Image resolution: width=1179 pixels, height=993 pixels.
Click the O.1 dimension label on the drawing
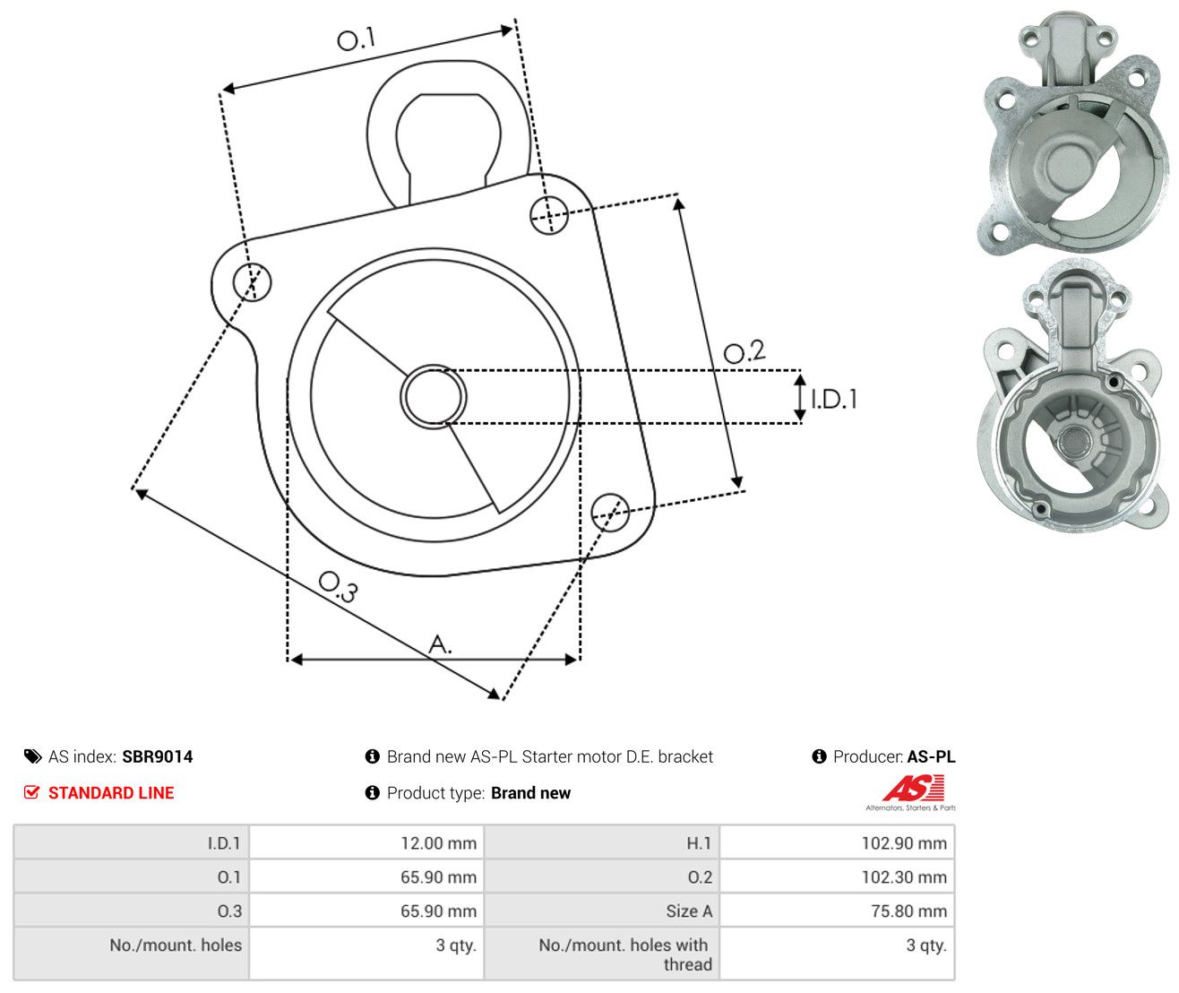pyautogui.click(x=356, y=39)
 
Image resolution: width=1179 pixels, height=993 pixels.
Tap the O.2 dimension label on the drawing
pyautogui.click(x=744, y=351)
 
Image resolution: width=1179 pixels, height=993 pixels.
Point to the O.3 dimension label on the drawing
pyautogui.click(x=338, y=587)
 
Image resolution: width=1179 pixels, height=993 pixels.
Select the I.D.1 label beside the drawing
pyautogui.click(x=834, y=400)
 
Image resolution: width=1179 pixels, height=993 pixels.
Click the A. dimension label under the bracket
pyautogui.click(x=441, y=644)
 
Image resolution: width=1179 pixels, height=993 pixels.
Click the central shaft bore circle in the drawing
pyautogui.click(x=433, y=396)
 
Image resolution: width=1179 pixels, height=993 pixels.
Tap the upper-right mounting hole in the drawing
pyautogui.click(x=549, y=215)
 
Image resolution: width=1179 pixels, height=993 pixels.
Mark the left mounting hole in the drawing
pyautogui.click(x=252, y=281)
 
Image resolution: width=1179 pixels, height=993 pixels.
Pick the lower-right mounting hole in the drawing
pyautogui.click(x=610, y=513)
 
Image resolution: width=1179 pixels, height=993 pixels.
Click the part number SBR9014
pyautogui.click(x=158, y=757)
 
